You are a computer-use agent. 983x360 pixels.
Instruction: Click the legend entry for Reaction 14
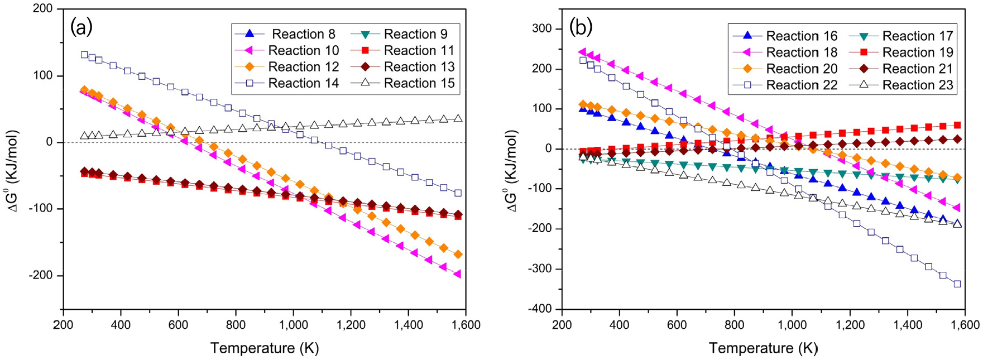click(x=303, y=83)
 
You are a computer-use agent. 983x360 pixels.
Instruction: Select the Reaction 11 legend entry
click(x=419, y=51)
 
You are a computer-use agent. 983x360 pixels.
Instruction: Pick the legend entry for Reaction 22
click(x=801, y=85)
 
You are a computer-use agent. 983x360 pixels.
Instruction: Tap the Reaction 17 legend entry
click(x=917, y=36)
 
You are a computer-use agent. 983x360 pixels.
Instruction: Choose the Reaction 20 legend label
click(x=801, y=69)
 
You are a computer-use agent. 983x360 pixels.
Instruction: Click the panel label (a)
click(x=81, y=27)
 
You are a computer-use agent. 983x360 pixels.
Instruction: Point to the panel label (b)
click(x=581, y=27)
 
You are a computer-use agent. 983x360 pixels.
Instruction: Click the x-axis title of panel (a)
click(x=265, y=348)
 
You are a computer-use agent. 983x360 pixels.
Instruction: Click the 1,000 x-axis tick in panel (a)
click(x=294, y=325)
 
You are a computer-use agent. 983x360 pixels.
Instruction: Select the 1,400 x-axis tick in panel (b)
click(x=907, y=325)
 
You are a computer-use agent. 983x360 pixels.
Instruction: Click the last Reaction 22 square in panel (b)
click(x=957, y=284)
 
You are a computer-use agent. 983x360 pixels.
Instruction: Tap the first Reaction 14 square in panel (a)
click(x=84, y=55)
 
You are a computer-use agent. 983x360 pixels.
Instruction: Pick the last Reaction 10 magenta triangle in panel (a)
click(x=458, y=273)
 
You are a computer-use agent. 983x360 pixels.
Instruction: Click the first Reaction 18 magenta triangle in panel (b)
click(x=583, y=52)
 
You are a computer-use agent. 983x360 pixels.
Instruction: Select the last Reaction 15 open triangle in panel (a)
click(x=458, y=118)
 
